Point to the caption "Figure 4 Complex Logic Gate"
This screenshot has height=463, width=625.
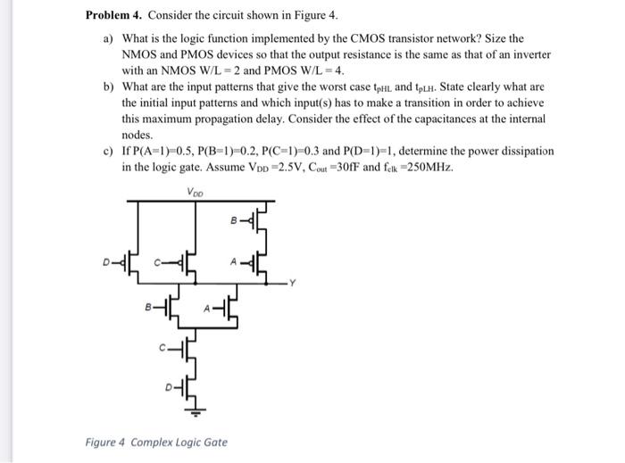click(x=156, y=442)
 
